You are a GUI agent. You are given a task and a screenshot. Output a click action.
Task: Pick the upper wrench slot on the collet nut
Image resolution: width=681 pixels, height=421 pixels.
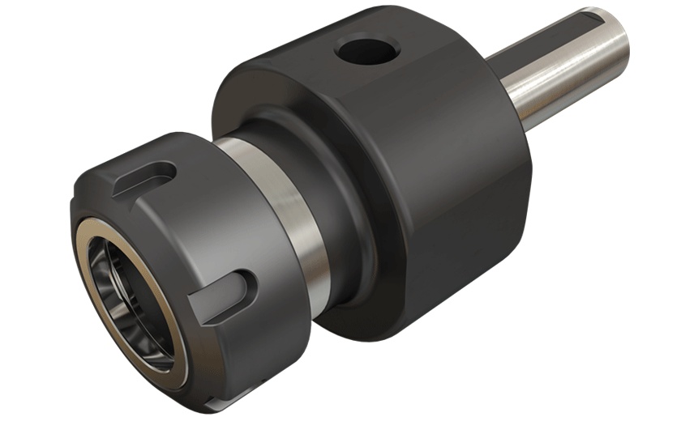pos(146,180)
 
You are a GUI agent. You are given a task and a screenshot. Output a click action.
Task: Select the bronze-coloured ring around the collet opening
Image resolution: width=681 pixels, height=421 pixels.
pos(91,267)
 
